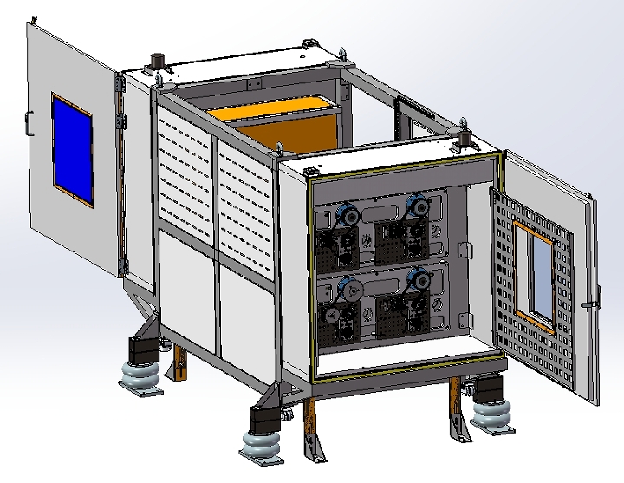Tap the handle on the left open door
29,124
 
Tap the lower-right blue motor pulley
419,277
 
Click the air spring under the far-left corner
141,378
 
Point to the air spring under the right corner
491,415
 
